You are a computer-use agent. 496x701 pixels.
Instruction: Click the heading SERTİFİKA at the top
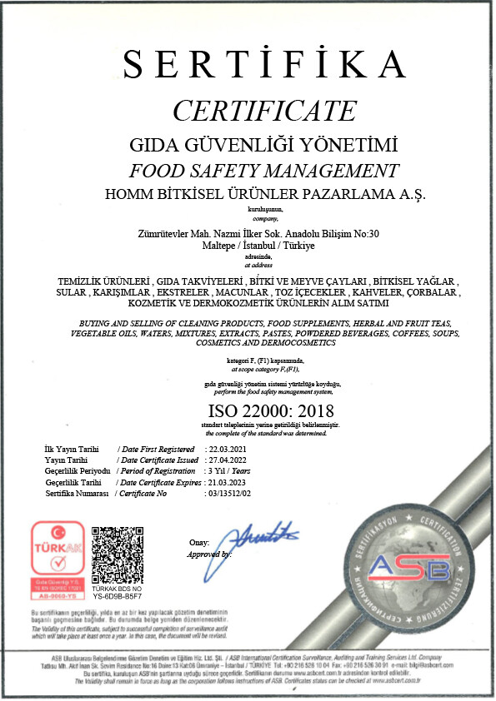point(263,64)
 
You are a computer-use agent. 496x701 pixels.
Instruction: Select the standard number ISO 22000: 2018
point(269,410)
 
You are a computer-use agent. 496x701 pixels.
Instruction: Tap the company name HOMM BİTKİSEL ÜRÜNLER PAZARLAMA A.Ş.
point(263,194)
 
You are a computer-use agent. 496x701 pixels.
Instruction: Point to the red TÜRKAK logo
point(57,557)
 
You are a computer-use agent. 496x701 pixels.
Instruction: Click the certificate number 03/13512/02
point(233,493)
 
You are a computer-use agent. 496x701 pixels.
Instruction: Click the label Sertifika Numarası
point(78,493)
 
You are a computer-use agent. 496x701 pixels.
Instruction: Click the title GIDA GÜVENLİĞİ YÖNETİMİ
point(263,143)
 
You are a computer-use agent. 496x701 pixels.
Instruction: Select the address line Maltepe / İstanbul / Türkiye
point(263,246)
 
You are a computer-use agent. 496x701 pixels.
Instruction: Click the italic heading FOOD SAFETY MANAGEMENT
point(263,171)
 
